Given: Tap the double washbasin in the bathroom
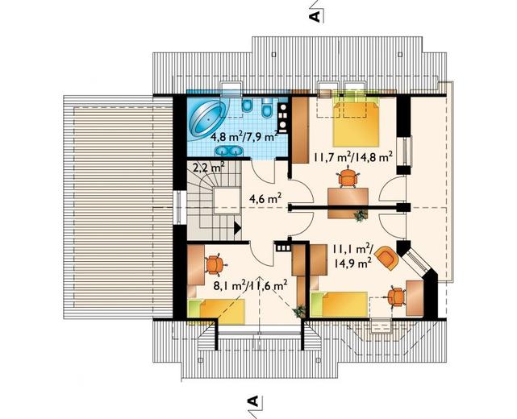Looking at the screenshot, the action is tap(228, 151).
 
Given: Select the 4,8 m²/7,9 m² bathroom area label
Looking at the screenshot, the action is tap(244, 135).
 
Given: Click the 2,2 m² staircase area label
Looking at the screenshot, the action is tap(208, 168).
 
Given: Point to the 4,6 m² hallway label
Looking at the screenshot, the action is tap(265, 199).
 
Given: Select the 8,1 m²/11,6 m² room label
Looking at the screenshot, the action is tap(249, 285).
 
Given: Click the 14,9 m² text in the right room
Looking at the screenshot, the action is tap(352, 263).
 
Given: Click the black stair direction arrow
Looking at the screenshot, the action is tap(237, 228).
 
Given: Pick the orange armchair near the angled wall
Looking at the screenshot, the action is tap(387, 258).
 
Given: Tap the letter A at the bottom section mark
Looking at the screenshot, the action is tap(252, 400).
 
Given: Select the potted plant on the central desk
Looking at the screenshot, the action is tap(360, 216).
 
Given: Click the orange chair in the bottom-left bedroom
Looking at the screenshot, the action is tap(214, 264).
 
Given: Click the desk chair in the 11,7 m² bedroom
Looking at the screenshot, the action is tap(348, 178).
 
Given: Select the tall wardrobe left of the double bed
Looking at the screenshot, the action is tap(300, 127).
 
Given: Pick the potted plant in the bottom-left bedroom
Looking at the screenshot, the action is tap(299, 311).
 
